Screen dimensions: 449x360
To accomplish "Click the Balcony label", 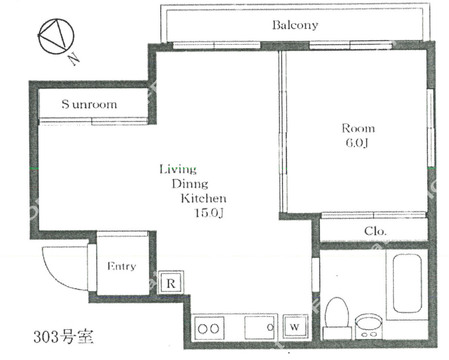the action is click(x=295, y=25).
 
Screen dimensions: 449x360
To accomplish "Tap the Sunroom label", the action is click(x=89, y=104).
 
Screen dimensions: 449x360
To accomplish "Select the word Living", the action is click(x=178, y=169).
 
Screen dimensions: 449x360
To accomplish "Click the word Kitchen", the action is click(x=204, y=198).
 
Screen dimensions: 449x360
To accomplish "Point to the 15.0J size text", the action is click(x=209, y=213).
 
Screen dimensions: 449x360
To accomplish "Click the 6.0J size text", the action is click(x=357, y=143).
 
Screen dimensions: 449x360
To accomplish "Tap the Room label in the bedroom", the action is click(x=358, y=128).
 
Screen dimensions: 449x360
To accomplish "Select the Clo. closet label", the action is click(x=375, y=231).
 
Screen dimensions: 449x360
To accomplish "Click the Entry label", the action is click(x=122, y=266).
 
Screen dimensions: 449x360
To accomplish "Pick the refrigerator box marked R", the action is click(x=170, y=283).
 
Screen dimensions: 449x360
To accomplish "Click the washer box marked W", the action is click(x=295, y=327).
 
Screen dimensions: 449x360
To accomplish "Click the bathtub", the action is click(x=407, y=283).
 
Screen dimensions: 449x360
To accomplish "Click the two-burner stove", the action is click(x=209, y=329).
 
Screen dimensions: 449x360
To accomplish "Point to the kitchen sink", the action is click(x=260, y=327).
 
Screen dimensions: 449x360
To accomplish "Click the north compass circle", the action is click(x=56, y=36).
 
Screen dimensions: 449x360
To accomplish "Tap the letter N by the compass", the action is click(x=74, y=59).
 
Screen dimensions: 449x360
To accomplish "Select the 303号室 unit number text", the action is click(x=63, y=337).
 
